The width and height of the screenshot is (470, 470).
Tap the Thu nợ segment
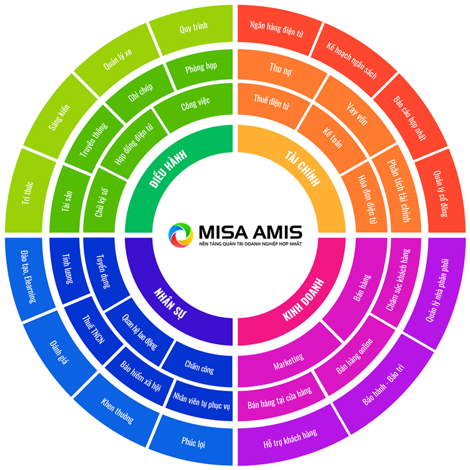pyautogui.click(x=280, y=71)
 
